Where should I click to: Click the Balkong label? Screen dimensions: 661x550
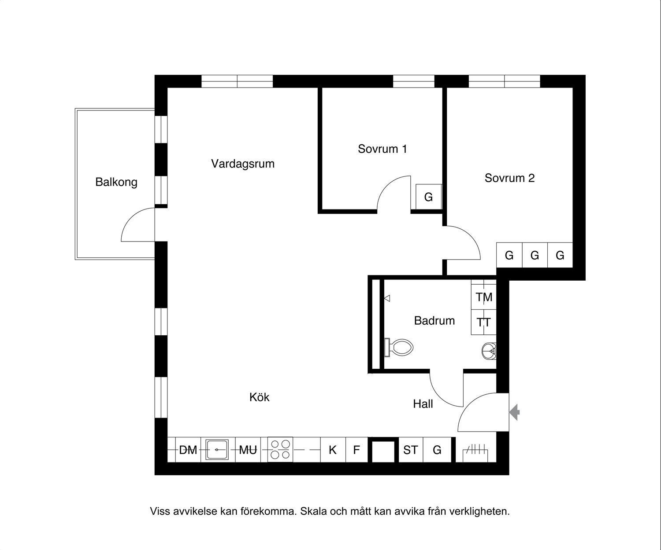[x=116, y=183]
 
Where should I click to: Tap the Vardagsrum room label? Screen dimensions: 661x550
[x=243, y=164]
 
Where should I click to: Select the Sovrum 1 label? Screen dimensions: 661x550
[x=382, y=149]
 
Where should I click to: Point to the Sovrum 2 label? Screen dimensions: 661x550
[x=510, y=178]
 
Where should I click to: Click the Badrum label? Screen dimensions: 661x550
[x=434, y=320]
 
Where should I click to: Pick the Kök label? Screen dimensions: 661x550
[x=259, y=397]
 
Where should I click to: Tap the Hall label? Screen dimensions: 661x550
[x=423, y=403]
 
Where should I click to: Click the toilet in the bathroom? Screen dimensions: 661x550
[x=398, y=348]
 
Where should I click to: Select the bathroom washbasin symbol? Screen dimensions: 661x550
[x=489, y=351]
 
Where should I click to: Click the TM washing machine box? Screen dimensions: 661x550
[x=484, y=297]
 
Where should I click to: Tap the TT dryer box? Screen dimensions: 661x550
[x=484, y=322]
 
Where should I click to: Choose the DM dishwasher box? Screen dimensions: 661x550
[x=188, y=450]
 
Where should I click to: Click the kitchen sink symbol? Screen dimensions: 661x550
[x=217, y=450]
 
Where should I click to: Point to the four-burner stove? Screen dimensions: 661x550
[x=280, y=450]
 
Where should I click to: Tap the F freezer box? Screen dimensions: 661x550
[x=357, y=450]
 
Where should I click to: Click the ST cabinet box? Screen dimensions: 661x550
[x=411, y=450]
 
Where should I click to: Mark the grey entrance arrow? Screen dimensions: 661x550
[x=514, y=412]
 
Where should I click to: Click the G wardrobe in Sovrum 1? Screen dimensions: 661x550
[x=429, y=197]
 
